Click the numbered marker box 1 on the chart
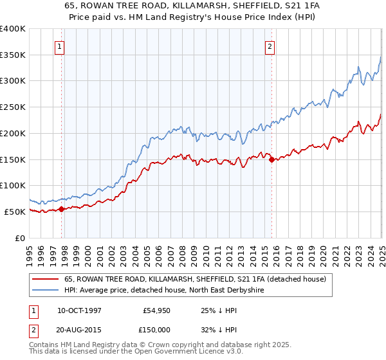click(x=59, y=46)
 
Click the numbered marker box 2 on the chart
click(x=270, y=46)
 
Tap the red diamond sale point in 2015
click(x=271, y=159)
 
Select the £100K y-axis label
click(x=12, y=185)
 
